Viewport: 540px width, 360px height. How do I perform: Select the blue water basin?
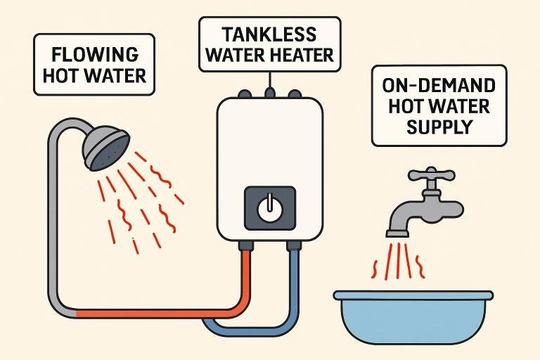point(401,319)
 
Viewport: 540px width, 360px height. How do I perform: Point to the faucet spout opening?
point(398,231)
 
